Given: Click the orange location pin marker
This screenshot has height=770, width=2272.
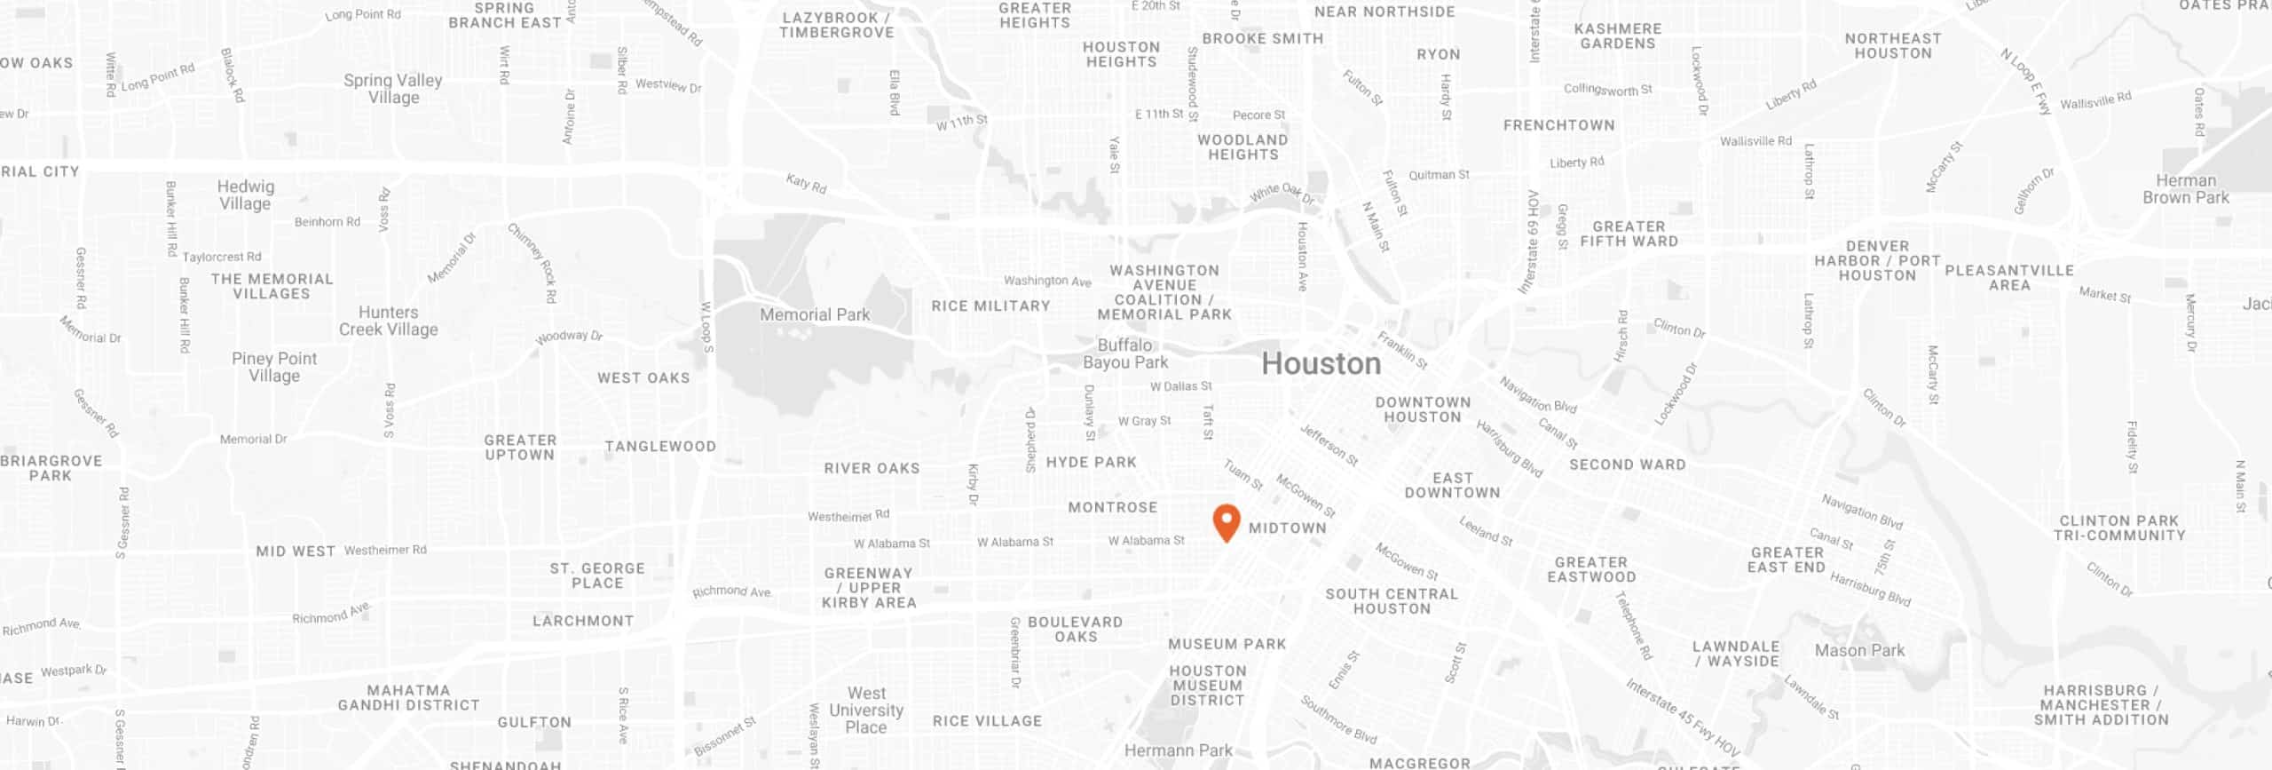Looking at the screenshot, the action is pyautogui.click(x=1226, y=522).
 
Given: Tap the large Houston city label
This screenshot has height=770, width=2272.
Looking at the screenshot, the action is pyautogui.click(x=1321, y=364).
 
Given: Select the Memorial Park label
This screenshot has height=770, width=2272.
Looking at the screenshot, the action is pyautogui.click(x=815, y=314).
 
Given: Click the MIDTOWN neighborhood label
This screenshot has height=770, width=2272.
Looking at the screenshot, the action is pyautogui.click(x=1287, y=528).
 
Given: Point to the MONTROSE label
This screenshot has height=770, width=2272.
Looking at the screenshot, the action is pyautogui.click(x=1112, y=507).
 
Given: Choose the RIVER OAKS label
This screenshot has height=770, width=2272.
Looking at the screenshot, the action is pyautogui.click(x=872, y=468).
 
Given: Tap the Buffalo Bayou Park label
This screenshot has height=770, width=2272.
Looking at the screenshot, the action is pyautogui.click(x=1125, y=353).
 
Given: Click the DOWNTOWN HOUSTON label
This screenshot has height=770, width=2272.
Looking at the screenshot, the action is pyautogui.click(x=1423, y=409).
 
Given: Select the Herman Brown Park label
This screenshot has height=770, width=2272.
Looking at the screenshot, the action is pyautogui.click(x=2185, y=189).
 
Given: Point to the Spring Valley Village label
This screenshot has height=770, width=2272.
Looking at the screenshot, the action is pyautogui.click(x=393, y=89).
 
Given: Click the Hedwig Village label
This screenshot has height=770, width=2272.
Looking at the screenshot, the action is pyautogui.click(x=246, y=194).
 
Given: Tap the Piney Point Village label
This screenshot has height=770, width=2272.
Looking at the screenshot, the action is pyautogui.click(x=274, y=367).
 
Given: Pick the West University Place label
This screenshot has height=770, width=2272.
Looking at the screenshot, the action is pyautogui.click(x=866, y=710).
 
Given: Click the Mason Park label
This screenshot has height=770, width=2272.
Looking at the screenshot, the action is pyautogui.click(x=1859, y=650).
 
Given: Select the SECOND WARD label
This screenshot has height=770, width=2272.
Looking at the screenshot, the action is pyautogui.click(x=1627, y=464).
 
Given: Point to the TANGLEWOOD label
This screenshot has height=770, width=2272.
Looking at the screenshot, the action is pyautogui.click(x=659, y=446).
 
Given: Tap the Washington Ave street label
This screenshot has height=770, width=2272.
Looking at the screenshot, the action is pyautogui.click(x=1047, y=281).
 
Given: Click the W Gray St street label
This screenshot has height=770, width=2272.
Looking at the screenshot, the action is pyautogui.click(x=1144, y=421).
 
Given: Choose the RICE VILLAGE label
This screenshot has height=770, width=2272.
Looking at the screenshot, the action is pyautogui.click(x=987, y=721).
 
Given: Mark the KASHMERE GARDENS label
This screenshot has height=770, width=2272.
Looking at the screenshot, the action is pyautogui.click(x=1617, y=36).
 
